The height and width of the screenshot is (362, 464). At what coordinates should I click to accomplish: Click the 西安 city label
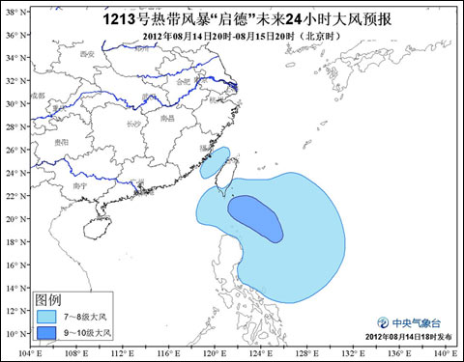coord(90,54)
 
